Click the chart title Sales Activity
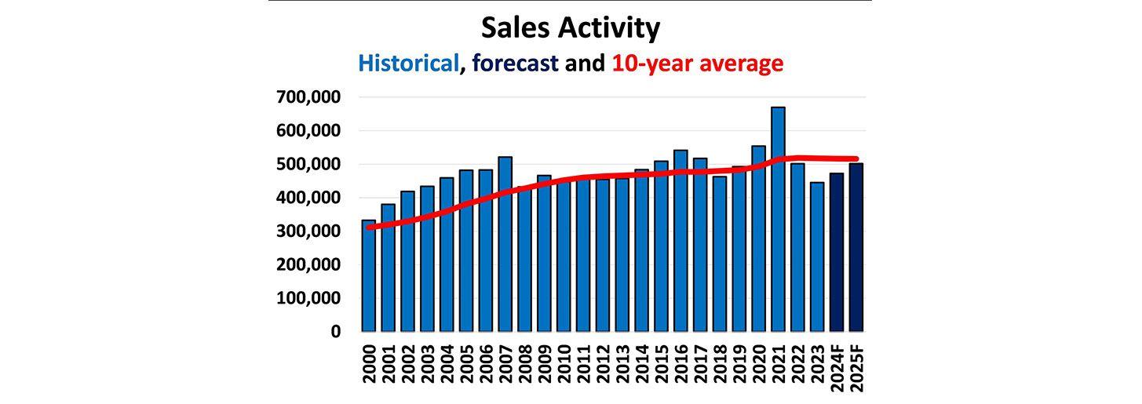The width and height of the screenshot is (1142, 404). (571, 28)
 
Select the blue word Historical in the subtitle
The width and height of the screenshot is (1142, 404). (407, 63)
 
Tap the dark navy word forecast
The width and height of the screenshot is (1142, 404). (513, 63)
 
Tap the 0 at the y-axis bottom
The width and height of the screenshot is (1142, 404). (336, 332)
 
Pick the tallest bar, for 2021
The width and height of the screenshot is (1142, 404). (778, 220)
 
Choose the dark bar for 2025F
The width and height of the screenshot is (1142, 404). (856, 247)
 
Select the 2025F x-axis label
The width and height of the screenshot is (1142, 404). (856, 366)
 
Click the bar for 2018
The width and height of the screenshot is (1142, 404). (720, 254)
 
